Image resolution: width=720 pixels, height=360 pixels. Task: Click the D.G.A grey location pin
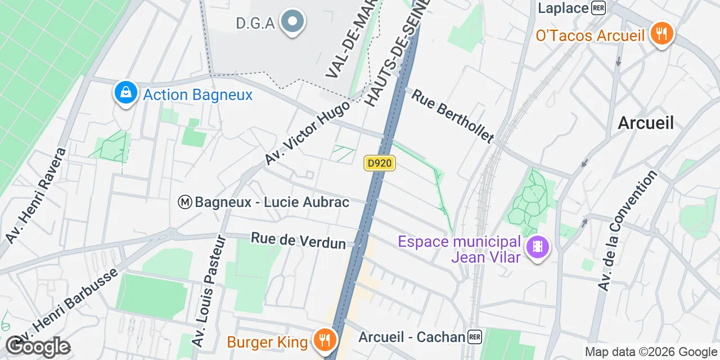(x=292, y=22)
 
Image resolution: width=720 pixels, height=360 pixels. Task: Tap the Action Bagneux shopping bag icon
(x=126, y=93)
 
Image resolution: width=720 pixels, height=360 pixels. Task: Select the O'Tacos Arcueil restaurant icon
(x=662, y=34)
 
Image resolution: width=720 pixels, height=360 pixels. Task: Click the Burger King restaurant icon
(x=324, y=340)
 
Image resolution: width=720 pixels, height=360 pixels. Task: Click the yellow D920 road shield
(x=380, y=163)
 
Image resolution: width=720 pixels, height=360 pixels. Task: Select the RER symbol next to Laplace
(x=598, y=8)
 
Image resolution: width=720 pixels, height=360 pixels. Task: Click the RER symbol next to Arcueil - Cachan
(x=475, y=337)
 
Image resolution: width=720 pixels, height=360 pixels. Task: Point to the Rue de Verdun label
(x=298, y=240)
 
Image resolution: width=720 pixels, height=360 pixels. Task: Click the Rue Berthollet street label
(x=453, y=115)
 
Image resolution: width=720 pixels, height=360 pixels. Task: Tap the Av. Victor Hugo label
(x=307, y=133)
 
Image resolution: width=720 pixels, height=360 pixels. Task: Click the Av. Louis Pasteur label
(x=209, y=291)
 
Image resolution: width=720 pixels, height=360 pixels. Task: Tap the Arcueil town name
(x=646, y=123)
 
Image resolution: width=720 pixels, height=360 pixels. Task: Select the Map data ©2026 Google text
(x=650, y=352)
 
